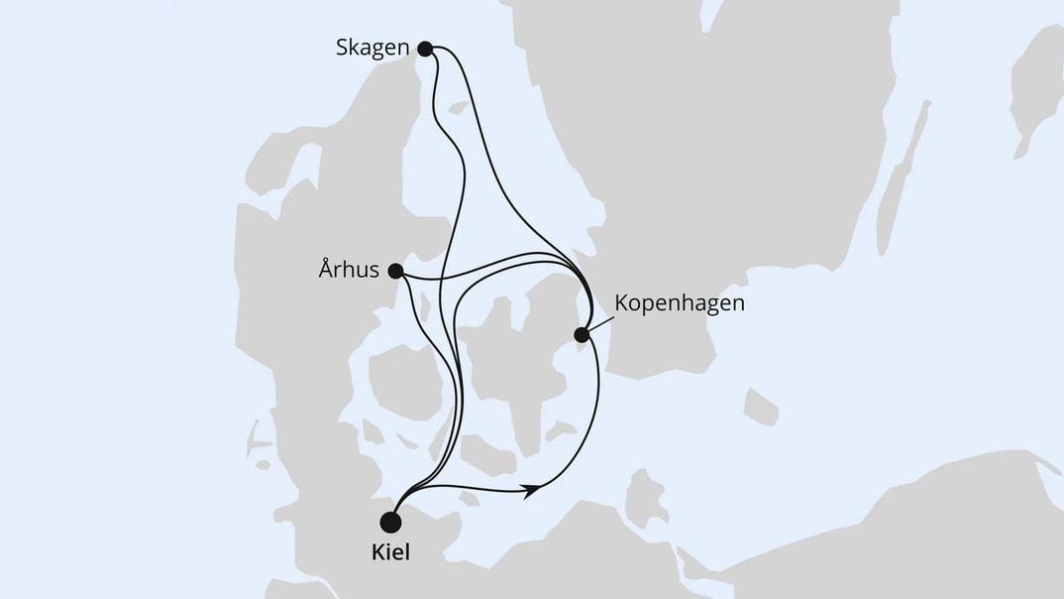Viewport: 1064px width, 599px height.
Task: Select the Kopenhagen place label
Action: coord(680,302)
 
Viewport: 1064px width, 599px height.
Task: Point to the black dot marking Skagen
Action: coord(425,48)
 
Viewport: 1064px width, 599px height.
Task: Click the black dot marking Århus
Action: coord(394,270)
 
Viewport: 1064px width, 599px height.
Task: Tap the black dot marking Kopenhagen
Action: coord(583,335)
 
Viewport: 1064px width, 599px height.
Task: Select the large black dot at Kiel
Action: coord(392,521)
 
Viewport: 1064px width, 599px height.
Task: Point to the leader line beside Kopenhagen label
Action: coord(599,323)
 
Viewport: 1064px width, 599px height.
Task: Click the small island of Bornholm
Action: coord(760,406)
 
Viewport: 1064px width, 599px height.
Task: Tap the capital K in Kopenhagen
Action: coord(622,302)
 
